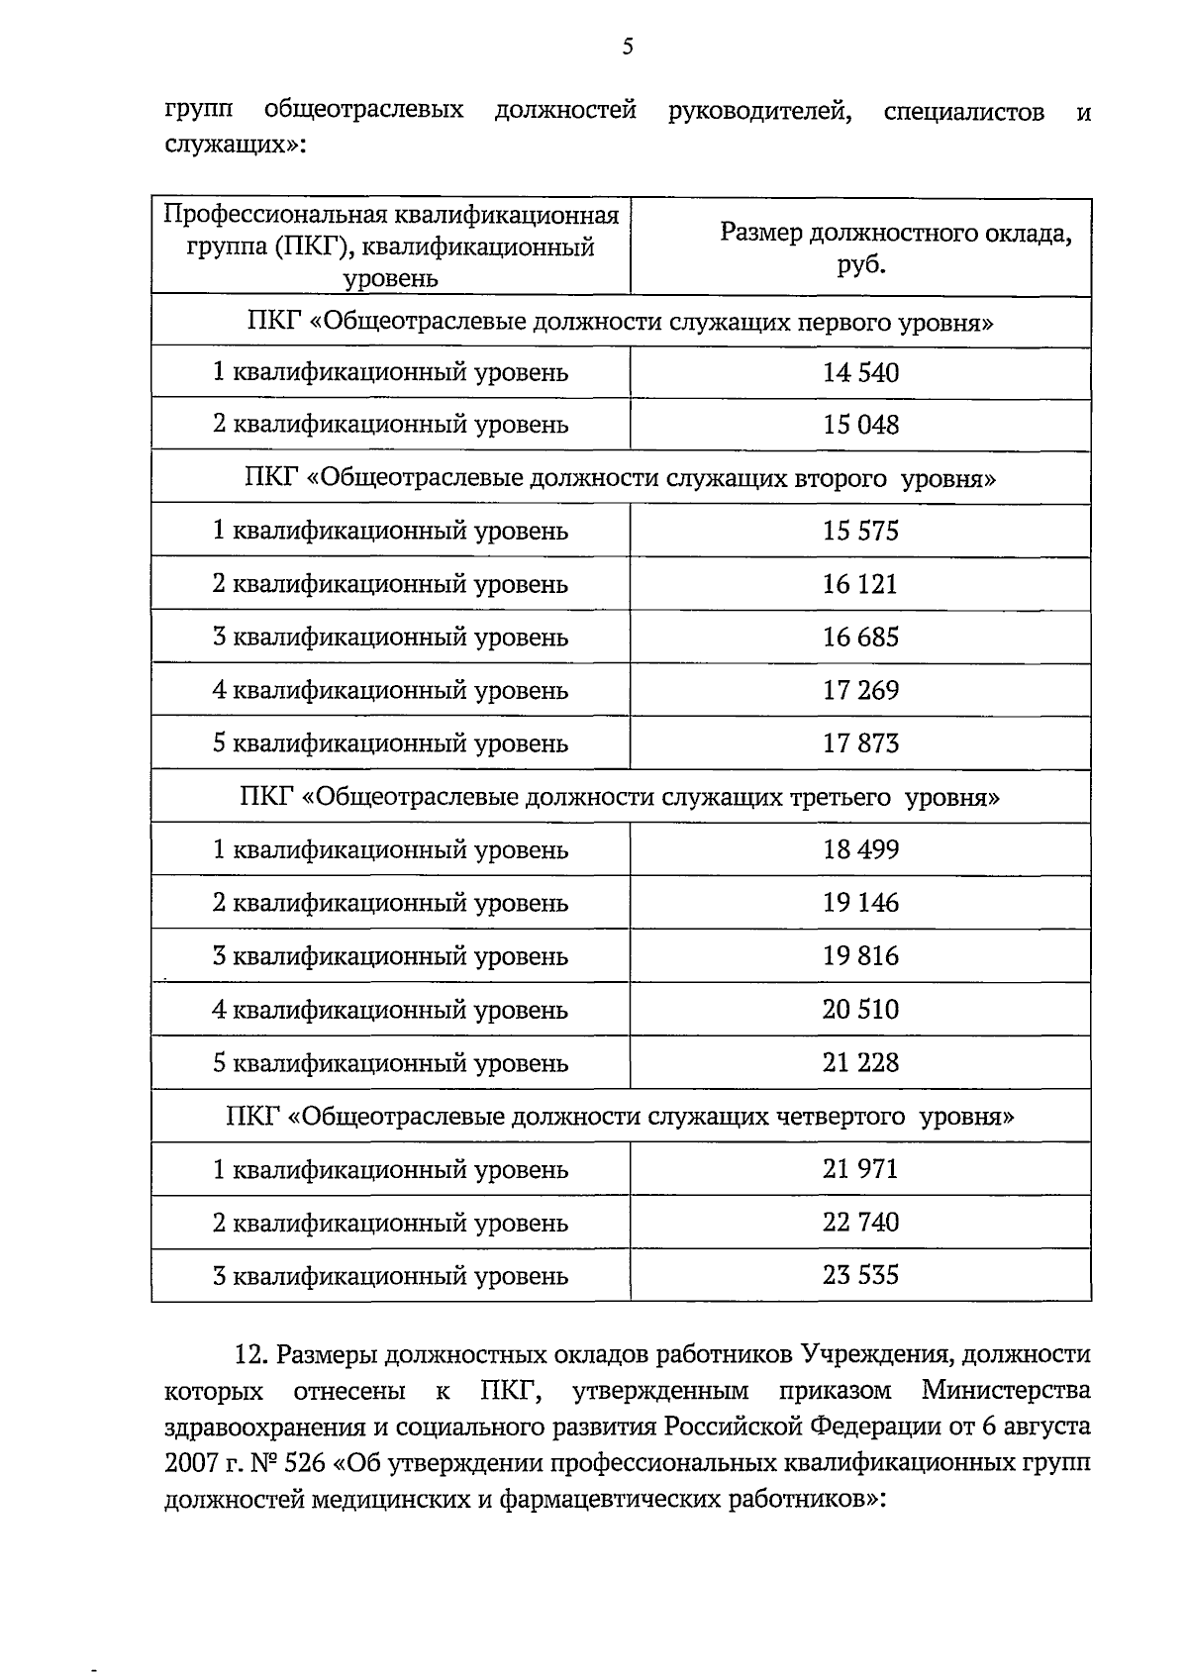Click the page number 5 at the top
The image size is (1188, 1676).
628,47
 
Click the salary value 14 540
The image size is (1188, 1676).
860,373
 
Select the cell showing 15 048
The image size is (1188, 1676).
860,425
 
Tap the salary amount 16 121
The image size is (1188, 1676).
860,584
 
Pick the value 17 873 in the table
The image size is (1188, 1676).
860,743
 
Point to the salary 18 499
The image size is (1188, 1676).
860,849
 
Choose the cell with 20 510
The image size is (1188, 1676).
860,1010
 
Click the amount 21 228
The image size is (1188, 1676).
860,1063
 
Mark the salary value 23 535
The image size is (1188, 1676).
860,1275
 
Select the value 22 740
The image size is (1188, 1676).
860,1223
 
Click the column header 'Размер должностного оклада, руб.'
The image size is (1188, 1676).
860,247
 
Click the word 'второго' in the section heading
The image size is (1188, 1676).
841,479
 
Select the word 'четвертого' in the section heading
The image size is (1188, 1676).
843,1117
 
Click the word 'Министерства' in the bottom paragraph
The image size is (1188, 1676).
1006,1391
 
